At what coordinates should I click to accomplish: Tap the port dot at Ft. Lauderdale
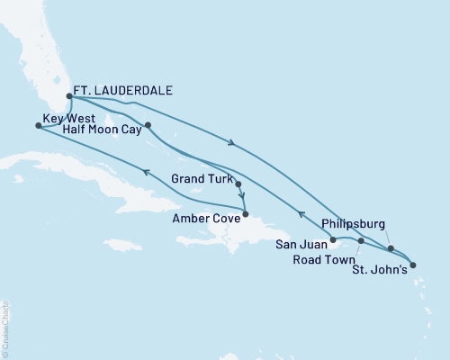[69, 96]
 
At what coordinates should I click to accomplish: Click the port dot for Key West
[38, 126]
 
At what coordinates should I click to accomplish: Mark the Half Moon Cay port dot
[147, 125]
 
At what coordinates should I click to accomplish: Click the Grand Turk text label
[202, 178]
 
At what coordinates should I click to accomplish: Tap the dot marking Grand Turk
[238, 184]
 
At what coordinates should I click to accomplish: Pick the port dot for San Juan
[333, 240]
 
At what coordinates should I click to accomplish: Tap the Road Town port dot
[361, 241]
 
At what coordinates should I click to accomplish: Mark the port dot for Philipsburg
[391, 248]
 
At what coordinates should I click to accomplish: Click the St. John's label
[383, 267]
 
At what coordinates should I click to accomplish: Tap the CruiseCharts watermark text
[5, 327]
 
